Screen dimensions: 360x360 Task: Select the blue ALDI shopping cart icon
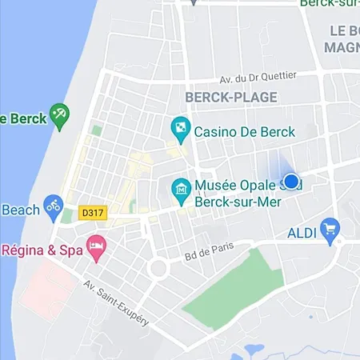point(329,230)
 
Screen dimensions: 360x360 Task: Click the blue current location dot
point(292,182)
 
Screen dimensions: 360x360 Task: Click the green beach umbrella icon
point(59,114)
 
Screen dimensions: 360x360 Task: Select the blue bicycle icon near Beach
point(53,206)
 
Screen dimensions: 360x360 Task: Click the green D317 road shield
point(92,214)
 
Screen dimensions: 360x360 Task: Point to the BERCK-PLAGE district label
point(231,98)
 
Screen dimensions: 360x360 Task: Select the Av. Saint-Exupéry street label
point(114,302)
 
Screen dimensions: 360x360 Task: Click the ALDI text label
point(302,233)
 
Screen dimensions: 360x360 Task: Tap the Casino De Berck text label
point(245,132)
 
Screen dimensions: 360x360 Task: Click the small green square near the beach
point(97,130)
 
